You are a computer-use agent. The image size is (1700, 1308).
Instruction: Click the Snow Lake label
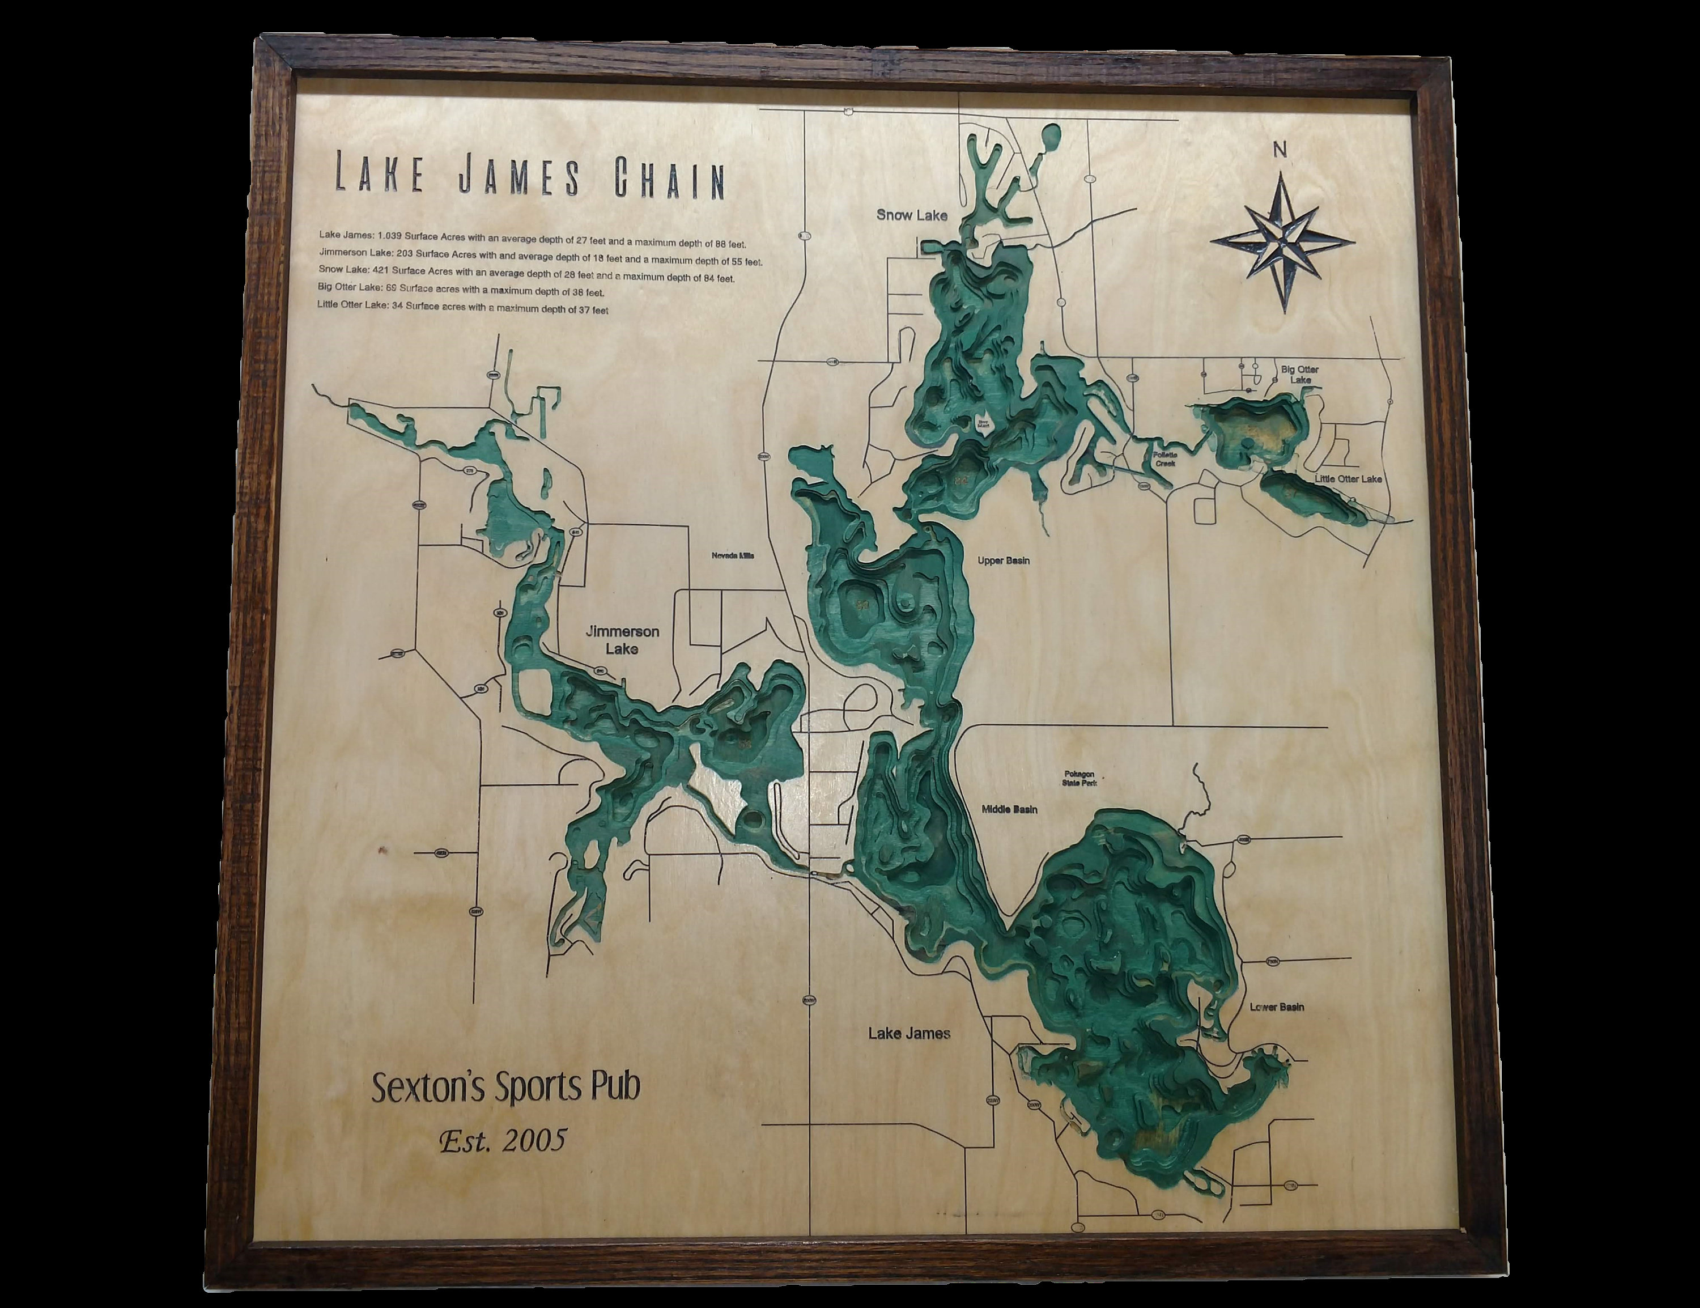coord(912,214)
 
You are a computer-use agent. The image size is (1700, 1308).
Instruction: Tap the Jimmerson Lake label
coord(622,639)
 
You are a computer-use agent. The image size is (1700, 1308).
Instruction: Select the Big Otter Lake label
coord(1300,375)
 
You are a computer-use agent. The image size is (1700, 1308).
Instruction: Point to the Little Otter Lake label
coord(1348,479)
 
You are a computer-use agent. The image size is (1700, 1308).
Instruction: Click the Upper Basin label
coord(1004,560)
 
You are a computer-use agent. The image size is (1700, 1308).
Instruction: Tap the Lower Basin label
coord(1277,1007)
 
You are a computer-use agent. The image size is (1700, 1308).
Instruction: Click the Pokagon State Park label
coord(1079,779)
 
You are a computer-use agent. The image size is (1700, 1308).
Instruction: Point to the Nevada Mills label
coord(733,556)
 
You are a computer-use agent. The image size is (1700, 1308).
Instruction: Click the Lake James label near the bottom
coord(908,1033)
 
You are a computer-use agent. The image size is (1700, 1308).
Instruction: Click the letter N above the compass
coord(1280,150)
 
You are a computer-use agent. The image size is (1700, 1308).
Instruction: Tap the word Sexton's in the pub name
coord(426,1088)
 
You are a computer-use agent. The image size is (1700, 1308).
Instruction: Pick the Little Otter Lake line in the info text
coord(462,309)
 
